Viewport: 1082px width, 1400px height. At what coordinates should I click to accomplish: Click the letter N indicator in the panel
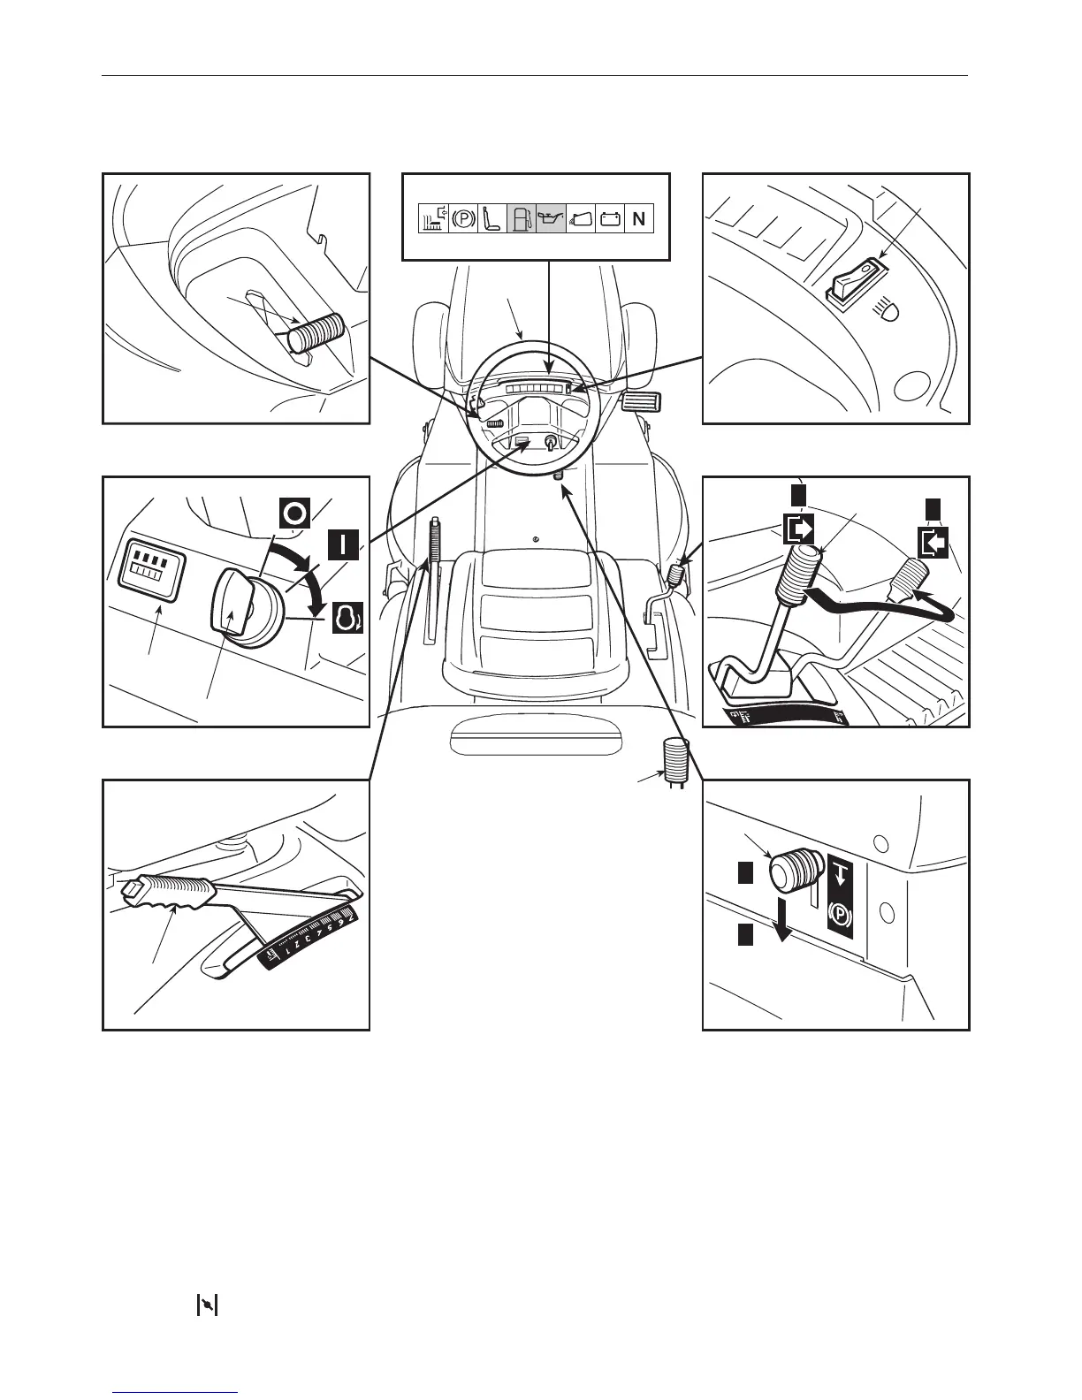pos(638,218)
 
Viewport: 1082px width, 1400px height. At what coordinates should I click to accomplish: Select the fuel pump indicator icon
pos(521,218)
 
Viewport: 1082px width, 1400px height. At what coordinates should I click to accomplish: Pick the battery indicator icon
pos(609,218)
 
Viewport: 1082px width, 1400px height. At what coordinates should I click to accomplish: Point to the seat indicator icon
pos(491,218)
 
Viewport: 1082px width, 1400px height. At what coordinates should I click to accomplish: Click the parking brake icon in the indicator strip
pos(462,218)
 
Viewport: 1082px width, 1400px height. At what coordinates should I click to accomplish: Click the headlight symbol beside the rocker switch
pos(888,308)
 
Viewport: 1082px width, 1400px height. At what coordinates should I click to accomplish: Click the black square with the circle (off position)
pos(294,514)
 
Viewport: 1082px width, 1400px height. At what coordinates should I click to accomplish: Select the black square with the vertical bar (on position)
pos(343,544)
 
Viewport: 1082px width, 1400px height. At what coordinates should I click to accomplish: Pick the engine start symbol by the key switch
pos(347,619)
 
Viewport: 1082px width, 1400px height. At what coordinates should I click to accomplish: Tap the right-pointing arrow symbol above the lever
pos(798,531)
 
